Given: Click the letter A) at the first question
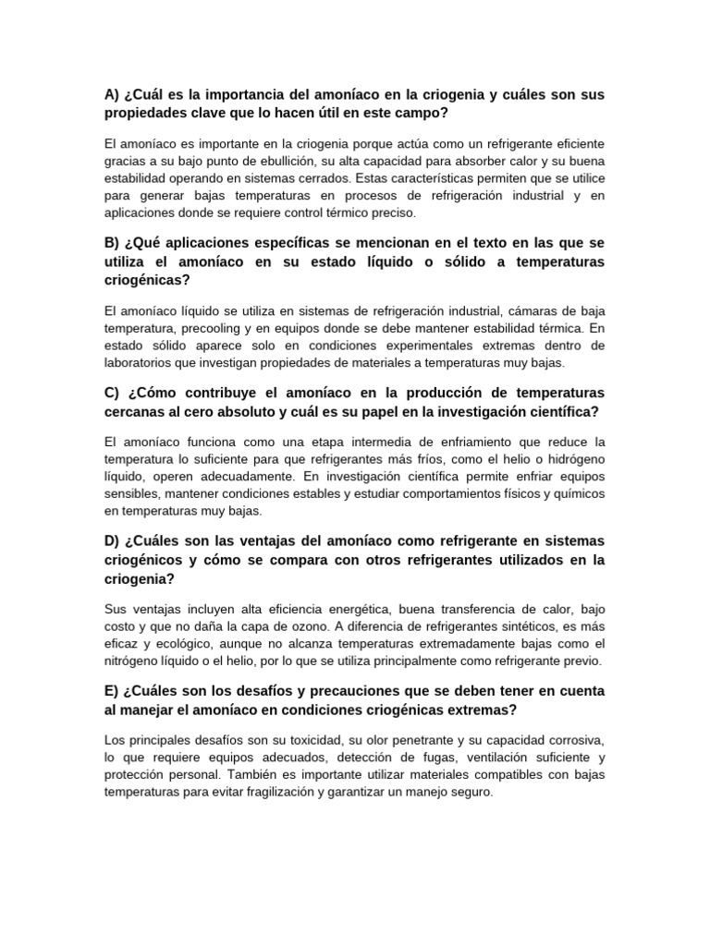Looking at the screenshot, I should (112, 95).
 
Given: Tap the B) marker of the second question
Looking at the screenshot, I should (112, 243).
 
